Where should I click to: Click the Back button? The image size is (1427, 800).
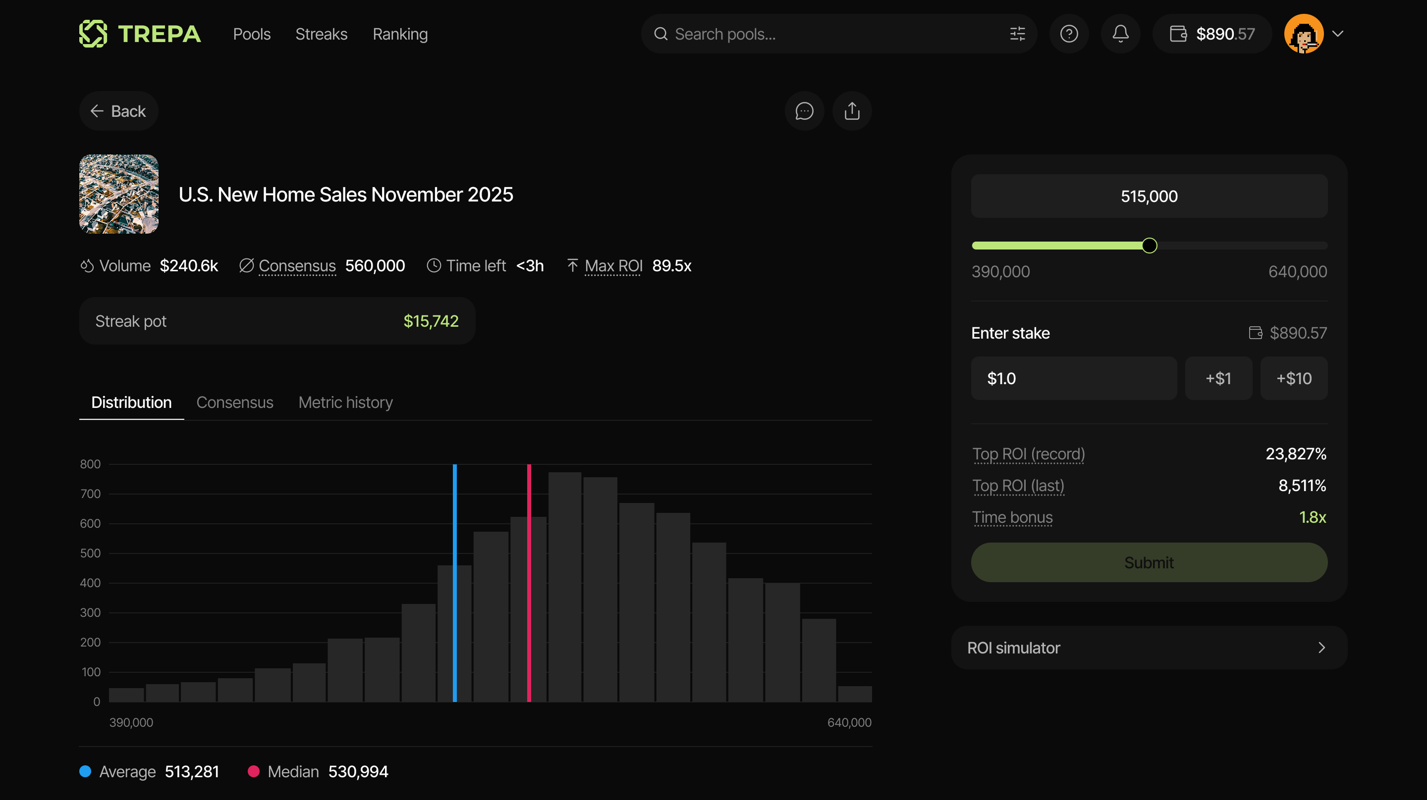[x=118, y=111]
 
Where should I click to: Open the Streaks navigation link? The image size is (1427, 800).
[x=321, y=34]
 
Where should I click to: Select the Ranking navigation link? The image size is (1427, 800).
[x=400, y=34]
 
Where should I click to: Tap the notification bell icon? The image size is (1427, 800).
[x=1120, y=34]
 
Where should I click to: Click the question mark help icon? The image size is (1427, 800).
[x=1069, y=34]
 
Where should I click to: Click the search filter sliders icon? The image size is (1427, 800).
[x=1017, y=34]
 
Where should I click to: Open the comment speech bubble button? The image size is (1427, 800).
[x=804, y=111]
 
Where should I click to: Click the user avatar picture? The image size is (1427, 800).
[x=1304, y=34]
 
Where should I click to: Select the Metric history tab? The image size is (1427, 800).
[x=346, y=402]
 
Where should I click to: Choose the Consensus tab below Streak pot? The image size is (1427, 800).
[x=235, y=402]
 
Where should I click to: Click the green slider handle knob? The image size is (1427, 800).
[x=1150, y=245]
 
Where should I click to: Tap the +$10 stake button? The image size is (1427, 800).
[x=1294, y=378]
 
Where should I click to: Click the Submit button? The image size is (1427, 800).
[x=1149, y=562]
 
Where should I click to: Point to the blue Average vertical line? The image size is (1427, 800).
[x=455, y=581]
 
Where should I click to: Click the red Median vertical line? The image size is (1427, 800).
[x=529, y=581]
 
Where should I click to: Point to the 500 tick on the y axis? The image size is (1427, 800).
[x=90, y=553]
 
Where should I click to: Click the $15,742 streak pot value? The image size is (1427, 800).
[x=431, y=321]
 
